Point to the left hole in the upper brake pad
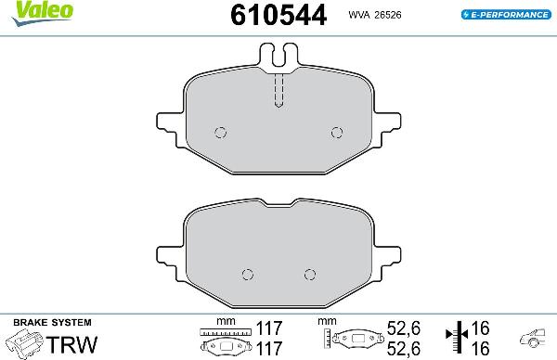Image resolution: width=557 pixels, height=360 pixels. (220, 131)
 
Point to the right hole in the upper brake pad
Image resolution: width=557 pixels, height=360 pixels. (336, 131)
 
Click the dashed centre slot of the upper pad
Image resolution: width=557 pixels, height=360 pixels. (278, 90)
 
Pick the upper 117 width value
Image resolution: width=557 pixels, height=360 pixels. (268, 328)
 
